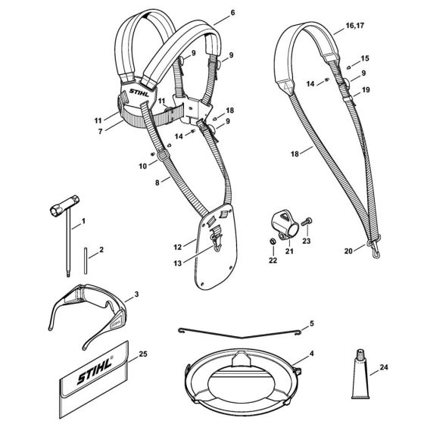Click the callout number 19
[x=366, y=89]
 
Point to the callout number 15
[x=366, y=58]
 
